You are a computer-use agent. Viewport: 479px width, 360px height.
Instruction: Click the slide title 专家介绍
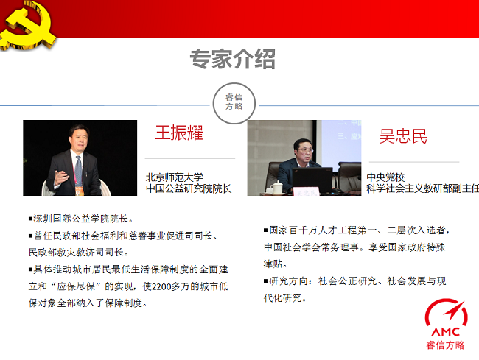[x=232, y=59]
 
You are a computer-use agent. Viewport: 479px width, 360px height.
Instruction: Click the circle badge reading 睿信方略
[x=234, y=103]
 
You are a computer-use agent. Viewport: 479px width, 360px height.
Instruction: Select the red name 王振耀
[x=179, y=133]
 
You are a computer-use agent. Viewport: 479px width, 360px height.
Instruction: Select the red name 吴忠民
[x=403, y=136]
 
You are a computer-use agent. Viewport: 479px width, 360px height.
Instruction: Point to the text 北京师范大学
[x=174, y=177]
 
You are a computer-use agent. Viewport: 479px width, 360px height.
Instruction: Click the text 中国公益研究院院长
[x=189, y=188]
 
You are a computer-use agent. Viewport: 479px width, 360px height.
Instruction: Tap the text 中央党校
[x=385, y=177]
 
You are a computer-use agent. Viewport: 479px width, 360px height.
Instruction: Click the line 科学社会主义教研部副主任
[x=423, y=188]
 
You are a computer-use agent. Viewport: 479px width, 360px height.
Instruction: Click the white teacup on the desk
[x=277, y=188]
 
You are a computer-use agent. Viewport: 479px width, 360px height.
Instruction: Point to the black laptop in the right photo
[x=312, y=180]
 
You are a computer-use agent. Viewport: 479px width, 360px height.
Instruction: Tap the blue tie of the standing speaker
[x=79, y=172]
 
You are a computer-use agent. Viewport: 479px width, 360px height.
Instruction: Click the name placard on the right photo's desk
[x=306, y=192]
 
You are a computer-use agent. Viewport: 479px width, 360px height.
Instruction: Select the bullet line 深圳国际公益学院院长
[x=81, y=219]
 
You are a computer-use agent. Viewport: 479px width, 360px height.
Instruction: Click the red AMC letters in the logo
[x=446, y=332]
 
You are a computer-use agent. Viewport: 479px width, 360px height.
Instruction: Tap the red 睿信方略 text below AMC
[x=445, y=345]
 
